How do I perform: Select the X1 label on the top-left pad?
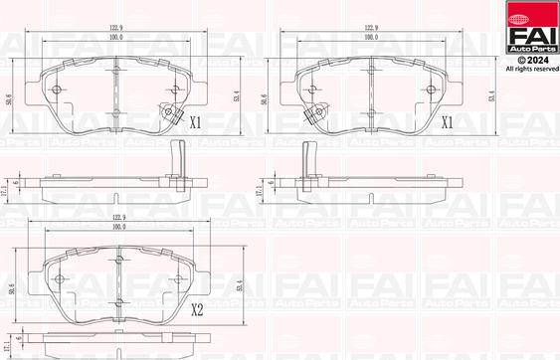pos(196,124)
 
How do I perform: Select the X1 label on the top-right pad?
pos(447,124)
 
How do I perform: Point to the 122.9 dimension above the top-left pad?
pos(116,29)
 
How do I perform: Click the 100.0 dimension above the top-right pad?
pos(370,37)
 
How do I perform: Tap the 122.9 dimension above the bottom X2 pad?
pos(116,216)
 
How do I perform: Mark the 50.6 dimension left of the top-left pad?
pos(9,100)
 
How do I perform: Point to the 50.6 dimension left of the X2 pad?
pos(9,288)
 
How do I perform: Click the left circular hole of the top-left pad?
pos(56,90)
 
